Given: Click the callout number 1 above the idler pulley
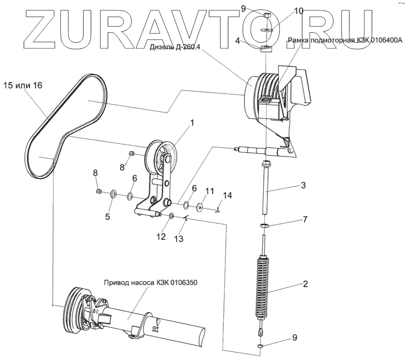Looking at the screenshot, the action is tap(192, 123).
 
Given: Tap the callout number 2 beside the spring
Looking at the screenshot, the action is tap(305, 284).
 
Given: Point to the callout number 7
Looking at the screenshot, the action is tap(305, 220).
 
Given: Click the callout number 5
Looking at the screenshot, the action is tap(107, 217).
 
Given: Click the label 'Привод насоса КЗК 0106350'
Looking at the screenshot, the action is tap(150, 283).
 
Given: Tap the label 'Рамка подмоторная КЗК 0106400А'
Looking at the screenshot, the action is tap(346, 41).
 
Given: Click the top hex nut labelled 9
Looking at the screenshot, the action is tap(266, 16).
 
